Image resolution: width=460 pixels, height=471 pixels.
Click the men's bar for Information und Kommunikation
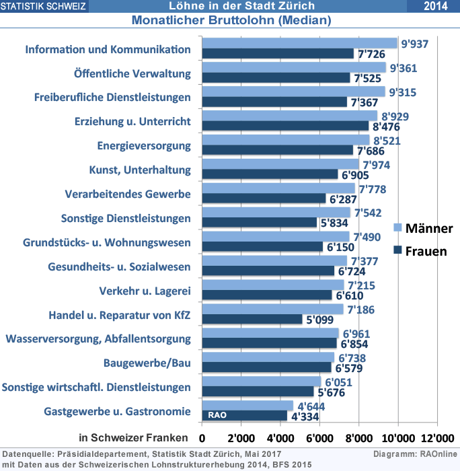[x=299, y=44]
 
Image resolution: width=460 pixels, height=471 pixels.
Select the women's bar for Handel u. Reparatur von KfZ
[x=252, y=320]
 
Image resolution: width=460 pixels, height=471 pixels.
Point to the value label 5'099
[x=320, y=320]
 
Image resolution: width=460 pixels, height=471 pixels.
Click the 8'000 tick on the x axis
[x=358, y=427]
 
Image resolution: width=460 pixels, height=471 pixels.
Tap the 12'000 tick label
[x=437, y=427]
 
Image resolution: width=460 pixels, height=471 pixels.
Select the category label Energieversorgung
[x=144, y=146]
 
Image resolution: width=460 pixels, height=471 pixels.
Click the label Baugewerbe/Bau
[x=147, y=363]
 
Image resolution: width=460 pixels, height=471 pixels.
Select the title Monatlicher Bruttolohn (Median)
[x=231, y=20]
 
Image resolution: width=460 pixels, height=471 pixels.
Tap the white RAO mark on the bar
[x=217, y=416]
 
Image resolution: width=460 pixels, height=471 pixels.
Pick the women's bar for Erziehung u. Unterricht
[x=285, y=126]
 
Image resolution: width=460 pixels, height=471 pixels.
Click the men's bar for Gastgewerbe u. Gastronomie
[x=247, y=406]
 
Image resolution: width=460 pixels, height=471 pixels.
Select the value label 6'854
[x=356, y=344]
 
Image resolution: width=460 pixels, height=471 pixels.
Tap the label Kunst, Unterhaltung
[x=140, y=170]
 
